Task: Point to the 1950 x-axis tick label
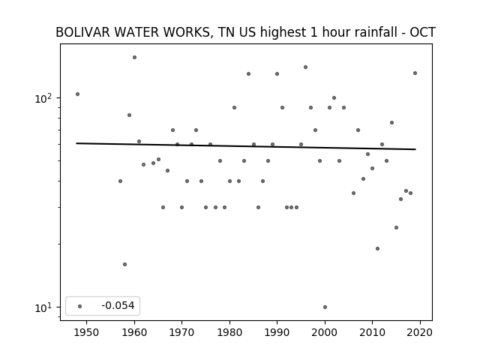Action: point(87,332)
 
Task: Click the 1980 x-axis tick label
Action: point(229,332)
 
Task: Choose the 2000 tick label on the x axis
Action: point(325,332)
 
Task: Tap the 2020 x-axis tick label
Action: point(420,332)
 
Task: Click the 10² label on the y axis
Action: point(43,98)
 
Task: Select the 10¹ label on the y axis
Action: point(43,307)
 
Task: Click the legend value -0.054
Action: point(118,305)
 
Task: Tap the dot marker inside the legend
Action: point(80,306)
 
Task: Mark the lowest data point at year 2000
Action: point(325,307)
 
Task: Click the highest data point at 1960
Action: point(134,57)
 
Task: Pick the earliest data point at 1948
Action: point(77,94)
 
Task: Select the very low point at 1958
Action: point(125,264)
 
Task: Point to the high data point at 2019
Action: point(415,73)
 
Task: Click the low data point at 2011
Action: point(377,248)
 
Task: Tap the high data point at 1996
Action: point(305,67)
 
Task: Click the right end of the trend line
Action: point(415,149)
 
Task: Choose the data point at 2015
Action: point(397,227)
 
